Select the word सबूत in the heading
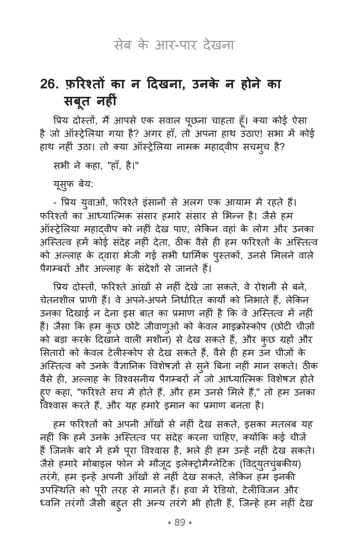[78, 101]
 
